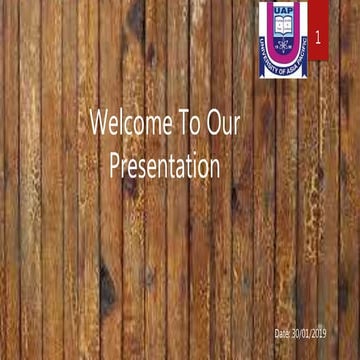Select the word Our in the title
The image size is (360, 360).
click(229, 123)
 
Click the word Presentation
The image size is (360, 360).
click(164, 164)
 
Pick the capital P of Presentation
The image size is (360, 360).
click(116, 164)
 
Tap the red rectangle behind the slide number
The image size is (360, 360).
click(318, 25)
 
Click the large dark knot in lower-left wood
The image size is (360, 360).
click(107, 290)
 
